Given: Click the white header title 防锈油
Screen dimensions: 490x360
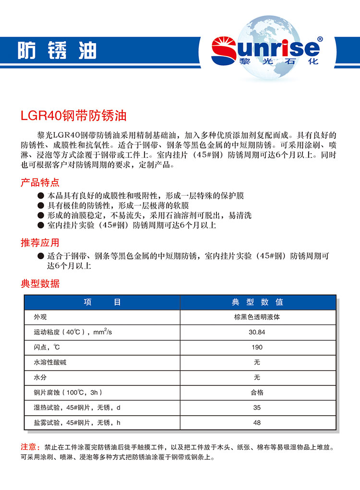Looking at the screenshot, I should (57, 50).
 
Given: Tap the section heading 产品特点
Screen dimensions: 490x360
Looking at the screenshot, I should (40, 182).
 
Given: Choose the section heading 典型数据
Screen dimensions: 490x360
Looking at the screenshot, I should (40, 284).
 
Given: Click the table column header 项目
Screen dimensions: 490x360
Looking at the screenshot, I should (102, 302).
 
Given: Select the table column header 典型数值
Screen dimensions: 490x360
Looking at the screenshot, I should (257, 302).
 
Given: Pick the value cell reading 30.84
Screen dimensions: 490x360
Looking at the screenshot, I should (257, 332).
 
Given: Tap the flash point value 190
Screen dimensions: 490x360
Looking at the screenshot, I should (257, 347).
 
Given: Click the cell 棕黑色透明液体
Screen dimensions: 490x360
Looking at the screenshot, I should (257, 317).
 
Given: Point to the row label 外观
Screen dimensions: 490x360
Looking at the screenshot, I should (40, 317).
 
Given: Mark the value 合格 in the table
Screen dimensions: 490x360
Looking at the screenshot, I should (257, 392).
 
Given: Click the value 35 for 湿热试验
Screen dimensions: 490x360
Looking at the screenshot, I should (257, 407).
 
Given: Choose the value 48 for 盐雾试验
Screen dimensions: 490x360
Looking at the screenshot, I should (257, 422).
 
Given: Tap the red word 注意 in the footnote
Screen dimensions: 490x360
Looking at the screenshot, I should (29, 447).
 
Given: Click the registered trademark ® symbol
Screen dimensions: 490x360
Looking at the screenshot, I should (320, 38).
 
